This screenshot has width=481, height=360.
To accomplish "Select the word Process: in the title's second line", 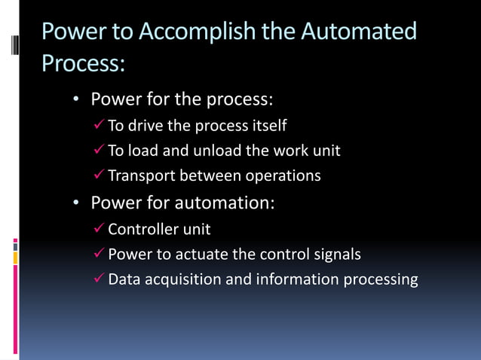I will (83, 63).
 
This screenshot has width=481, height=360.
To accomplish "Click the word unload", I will (217, 151).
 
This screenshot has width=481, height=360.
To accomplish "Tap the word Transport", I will (141, 176).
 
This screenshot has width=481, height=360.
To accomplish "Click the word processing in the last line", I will (380, 280).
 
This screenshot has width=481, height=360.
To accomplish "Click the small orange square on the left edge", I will (15, 258).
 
